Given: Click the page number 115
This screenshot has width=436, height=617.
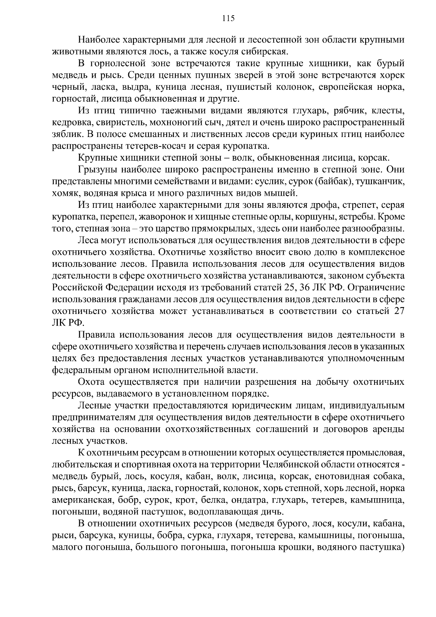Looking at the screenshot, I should (228, 19).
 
